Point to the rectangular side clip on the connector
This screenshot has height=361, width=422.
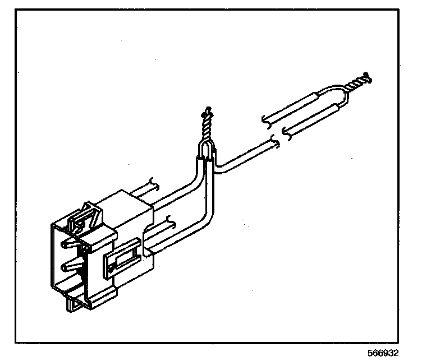[122, 260]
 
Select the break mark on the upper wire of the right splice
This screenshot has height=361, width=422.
[266, 120]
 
